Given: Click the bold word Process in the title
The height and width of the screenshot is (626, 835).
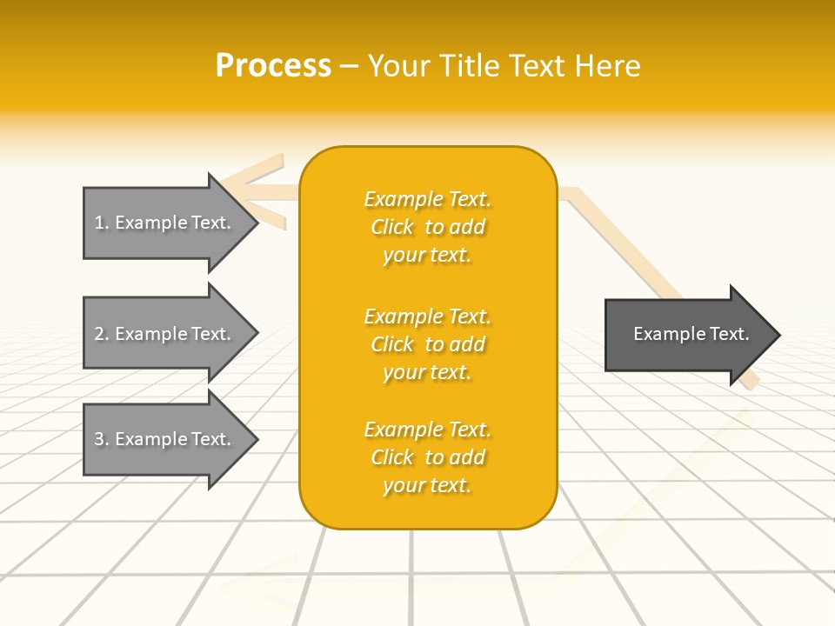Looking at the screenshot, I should [x=273, y=66].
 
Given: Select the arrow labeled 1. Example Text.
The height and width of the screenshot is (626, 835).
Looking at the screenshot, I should [x=165, y=223].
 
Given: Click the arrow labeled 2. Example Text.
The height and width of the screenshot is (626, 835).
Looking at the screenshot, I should [x=165, y=334].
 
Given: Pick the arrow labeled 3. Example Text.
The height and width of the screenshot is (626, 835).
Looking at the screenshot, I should [x=165, y=439].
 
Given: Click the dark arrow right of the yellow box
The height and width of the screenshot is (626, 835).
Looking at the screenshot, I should [x=687, y=335].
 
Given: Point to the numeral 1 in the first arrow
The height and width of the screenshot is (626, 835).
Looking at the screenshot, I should [x=99, y=223].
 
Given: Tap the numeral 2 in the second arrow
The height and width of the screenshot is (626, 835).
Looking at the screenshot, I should [x=99, y=334].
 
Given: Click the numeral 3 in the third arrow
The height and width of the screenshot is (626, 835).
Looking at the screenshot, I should [x=99, y=439].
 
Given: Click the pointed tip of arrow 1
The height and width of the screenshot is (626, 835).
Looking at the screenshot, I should [x=255, y=223].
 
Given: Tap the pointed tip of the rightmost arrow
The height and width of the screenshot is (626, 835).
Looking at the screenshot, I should [x=777, y=335].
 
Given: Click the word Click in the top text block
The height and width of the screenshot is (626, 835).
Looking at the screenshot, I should [x=392, y=227].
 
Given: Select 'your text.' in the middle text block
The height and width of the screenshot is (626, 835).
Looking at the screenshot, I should [x=427, y=372].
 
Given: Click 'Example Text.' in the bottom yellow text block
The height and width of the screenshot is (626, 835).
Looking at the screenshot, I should [x=427, y=430].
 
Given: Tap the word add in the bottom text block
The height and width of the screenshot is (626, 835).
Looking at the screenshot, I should [x=467, y=457].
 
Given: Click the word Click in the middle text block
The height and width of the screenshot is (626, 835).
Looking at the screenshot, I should [x=392, y=344].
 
